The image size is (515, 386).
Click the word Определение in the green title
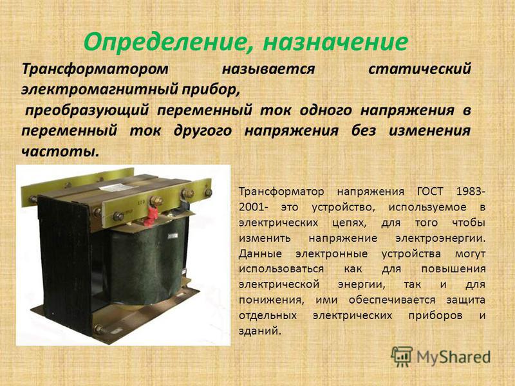167,42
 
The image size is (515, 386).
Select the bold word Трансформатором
95,69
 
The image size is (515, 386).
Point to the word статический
420,69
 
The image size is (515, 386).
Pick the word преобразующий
88,110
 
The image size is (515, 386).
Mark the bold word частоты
60,151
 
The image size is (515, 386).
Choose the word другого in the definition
203,131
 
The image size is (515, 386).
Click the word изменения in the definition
429,131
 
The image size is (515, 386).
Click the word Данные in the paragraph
260,253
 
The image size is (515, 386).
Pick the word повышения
453,269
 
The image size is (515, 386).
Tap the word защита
465,300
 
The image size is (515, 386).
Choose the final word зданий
260,330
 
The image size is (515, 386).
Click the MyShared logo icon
401,356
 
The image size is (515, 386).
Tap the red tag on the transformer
152,216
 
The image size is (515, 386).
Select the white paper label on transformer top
115,187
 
